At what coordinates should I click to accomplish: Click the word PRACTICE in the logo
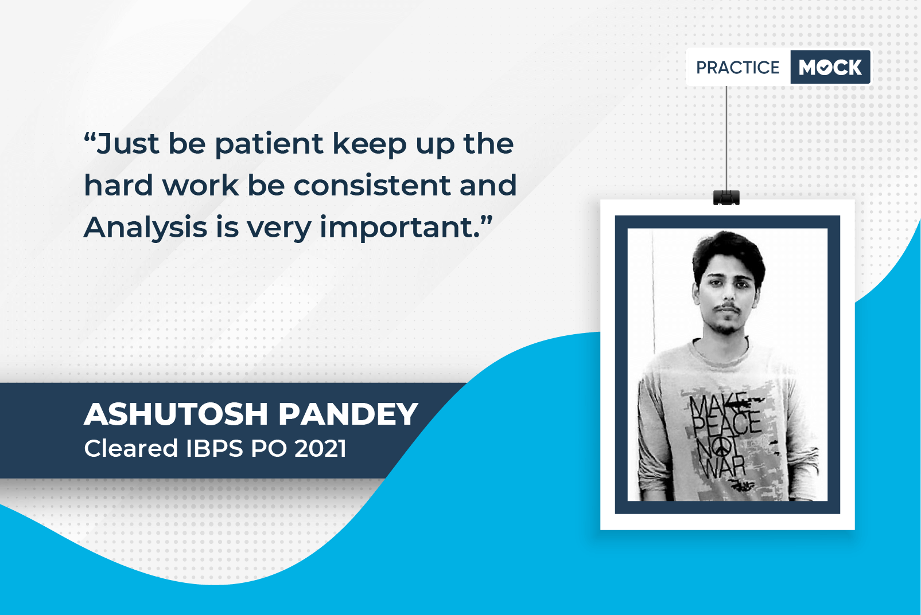[x=737, y=67]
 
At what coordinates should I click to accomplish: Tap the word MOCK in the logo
[x=830, y=67]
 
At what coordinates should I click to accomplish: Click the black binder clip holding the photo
[x=726, y=198]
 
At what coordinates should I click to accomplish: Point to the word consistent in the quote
[x=371, y=185]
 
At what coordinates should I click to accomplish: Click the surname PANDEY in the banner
[x=348, y=414]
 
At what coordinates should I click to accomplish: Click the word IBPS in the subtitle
[x=214, y=448]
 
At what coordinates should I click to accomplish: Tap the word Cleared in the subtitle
[x=131, y=448]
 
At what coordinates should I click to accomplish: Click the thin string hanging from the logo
[x=726, y=138]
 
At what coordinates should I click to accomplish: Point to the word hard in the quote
[x=118, y=185]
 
